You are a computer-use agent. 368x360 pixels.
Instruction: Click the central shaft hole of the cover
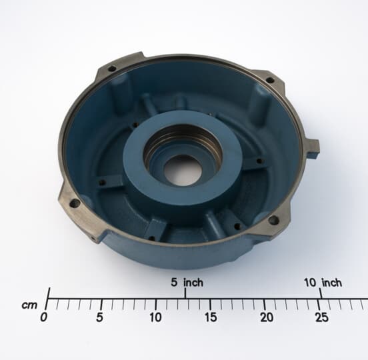click(x=183, y=170)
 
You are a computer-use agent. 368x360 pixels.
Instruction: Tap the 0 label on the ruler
click(x=44, y=318)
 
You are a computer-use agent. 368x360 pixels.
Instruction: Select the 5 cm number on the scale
click(x=101, y=318)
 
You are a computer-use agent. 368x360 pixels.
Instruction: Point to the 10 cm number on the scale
click(x=155, y=318)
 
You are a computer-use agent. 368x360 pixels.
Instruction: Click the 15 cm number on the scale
click(x=211, y=318)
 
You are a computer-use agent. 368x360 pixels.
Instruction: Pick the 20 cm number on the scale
click(x=266, y=318)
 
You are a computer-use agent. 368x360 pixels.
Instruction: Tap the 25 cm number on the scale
click(x=321, y=318)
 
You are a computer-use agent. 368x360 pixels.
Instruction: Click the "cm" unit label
click(x=29, y=305)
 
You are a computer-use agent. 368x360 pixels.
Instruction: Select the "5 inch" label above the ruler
click(x=187, y=283)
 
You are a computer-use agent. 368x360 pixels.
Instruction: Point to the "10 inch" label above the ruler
click(x=323, y=283)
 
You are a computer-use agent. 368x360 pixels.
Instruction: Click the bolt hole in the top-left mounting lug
click(x=112, y=68)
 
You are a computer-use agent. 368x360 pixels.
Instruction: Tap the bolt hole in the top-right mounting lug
click(x=269, y=80)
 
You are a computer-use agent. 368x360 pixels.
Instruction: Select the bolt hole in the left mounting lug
click(x=75, y=203)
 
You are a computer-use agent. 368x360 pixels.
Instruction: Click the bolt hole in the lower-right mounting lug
click(x=273, y=219)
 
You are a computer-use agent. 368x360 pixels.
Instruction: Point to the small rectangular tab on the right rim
click(x=312, y=147)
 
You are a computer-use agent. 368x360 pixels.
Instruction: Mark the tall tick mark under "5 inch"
click(x=186, y=294)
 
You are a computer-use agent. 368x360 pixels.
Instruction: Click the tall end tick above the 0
click(x=48, y=294)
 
